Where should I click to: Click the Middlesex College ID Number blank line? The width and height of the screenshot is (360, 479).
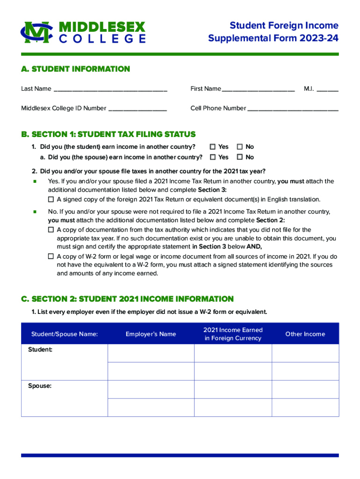(x=137, y=109)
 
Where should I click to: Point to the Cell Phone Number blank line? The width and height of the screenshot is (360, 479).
(x=293, y=109)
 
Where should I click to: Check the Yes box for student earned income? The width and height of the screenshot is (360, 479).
(x=213, y=147)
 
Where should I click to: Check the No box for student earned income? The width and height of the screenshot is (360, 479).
(x=240, y=147)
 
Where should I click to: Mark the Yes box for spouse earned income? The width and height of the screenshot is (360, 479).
(x=213, y=157)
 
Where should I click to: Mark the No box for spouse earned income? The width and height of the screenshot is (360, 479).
(x=240, y=157)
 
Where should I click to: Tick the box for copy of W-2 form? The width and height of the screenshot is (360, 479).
(x=51, y=256)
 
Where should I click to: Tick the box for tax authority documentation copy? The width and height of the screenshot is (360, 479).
(x=51, y=230)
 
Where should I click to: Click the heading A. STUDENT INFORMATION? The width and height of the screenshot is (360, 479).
(x=75, y=69)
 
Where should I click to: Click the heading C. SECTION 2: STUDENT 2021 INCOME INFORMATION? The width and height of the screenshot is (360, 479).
(x=127, y=299)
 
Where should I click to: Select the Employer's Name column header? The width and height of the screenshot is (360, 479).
(x=151, y=334)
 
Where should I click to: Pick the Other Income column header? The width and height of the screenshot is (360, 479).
(x=305, y=334)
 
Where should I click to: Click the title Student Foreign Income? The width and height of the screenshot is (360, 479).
(x=284, y=26)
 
